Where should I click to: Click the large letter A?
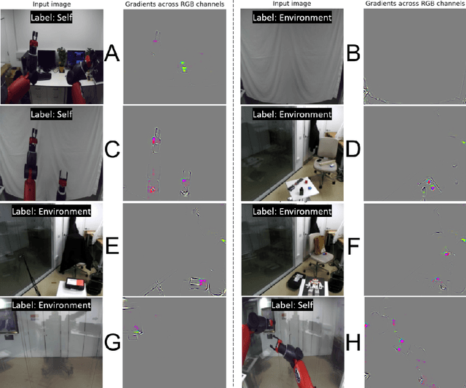coord(112,54)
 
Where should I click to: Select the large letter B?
coord(353,53)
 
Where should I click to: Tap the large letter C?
coord(112,149)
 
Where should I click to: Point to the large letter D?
coord(353,149)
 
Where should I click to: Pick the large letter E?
coord(112,246)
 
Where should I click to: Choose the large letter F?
coord(353,246)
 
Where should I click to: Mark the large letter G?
coord(112,341)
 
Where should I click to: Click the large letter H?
coord(353,341)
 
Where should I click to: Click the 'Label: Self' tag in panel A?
coord(52,17)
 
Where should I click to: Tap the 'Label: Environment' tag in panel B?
coord(292,17)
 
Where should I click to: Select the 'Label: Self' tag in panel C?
coord(52,114)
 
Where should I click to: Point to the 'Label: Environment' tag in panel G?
coord(52,305)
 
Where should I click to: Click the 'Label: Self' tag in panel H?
coord(292,305)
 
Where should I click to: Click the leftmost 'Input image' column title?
coord(52,4)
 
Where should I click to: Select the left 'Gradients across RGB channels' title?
coord(175,4)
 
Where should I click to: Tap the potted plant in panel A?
coord(61,59)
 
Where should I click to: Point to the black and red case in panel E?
coord(76,285)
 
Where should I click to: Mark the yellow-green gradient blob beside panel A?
coord(183,67)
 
